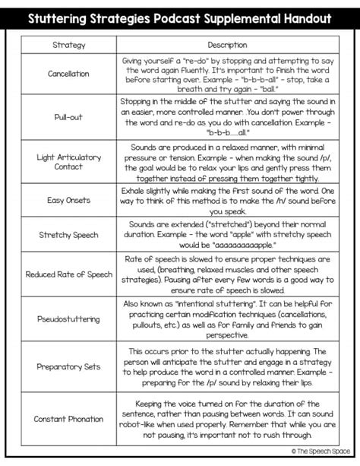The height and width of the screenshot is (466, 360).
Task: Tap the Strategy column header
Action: (68, 45)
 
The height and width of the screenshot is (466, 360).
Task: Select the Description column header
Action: (227, 45)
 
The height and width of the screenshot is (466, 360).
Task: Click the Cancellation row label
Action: (68, 74)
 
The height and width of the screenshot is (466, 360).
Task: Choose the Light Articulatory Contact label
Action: (68, 162)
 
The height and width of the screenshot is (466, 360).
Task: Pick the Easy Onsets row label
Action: (68, 201)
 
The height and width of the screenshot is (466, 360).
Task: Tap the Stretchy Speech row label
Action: (68, 235)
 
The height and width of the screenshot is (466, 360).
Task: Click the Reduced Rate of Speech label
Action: (68, 274)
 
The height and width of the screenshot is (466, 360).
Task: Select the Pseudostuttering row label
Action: (68, 319)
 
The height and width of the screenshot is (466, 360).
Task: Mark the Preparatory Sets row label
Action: (68, 366)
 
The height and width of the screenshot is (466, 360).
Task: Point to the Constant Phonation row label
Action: (68, 419)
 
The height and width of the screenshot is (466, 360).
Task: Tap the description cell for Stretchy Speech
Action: (227, 235)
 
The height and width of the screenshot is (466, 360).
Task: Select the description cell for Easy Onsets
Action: (227, 201)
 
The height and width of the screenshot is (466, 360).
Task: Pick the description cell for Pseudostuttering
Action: (227, 319)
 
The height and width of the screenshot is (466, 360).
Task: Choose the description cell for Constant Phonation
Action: (227, 419)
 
